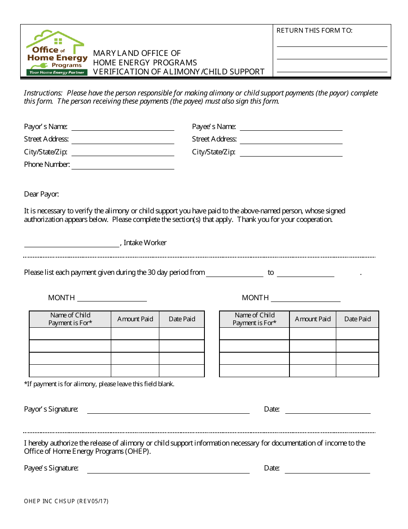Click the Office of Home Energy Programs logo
tap(57, 53)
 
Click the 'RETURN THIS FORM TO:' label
tap(314, 31)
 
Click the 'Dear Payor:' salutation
tap(41, 194)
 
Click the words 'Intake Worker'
tap(145, 243)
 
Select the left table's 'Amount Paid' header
tap(135, 319)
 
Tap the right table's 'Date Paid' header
tap(357, 319)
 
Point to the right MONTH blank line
tap(305, 301)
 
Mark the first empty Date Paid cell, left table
tap(182, 334)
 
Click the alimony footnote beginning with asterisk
tap(99, 384)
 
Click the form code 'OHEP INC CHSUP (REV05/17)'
tap(66, 501)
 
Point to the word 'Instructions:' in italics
tap(43, 93)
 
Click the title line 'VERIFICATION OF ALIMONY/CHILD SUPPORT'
tap(179, 72)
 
